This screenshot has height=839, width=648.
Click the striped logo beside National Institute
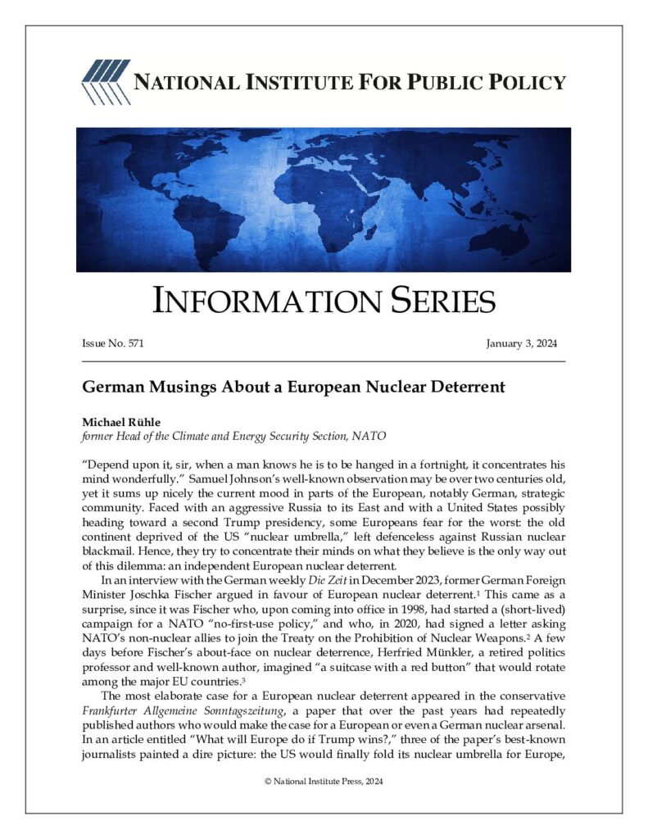pos(105,83)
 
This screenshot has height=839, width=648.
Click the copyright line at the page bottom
pos(324,781)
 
